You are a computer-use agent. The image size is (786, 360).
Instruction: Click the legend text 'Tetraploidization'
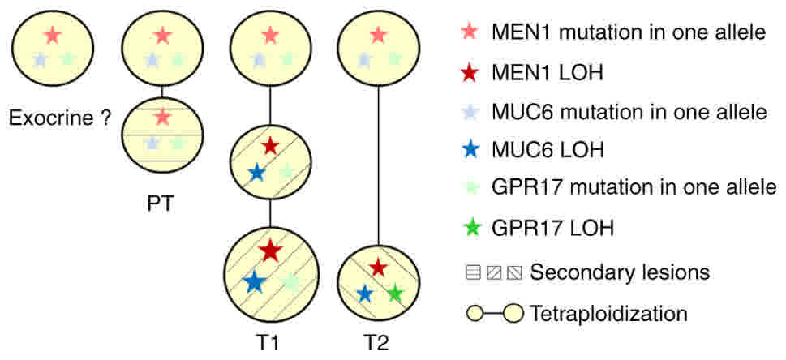(x=608, y=312)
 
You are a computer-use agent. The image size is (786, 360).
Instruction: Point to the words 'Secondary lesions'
(x=620, y=272)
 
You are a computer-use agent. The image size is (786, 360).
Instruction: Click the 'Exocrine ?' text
(x=60, y=118)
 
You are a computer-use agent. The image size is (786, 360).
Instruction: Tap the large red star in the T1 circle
(x=270, y=250)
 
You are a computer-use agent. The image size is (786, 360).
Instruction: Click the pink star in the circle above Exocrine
(x=53, y=35)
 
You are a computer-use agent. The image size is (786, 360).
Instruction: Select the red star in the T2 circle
(x=378, y=267)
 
